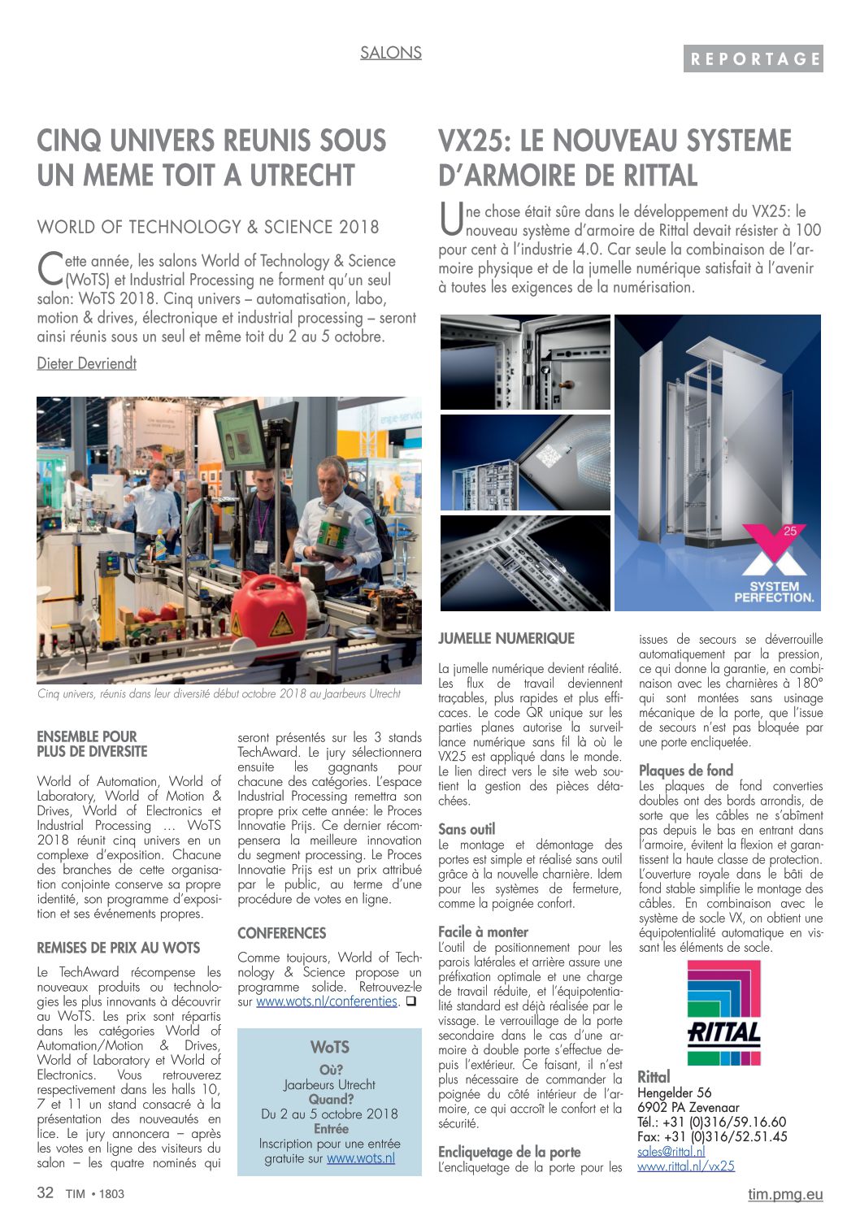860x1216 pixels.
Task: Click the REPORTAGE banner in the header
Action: (x=753, y=59)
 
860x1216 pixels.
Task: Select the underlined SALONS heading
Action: (x=391, y=53)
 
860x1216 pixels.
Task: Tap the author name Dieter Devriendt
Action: (x=87, y=363)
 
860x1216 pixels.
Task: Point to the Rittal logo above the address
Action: (x=723, y=1013)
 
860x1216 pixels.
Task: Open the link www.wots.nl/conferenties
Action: (x=327, y=1001)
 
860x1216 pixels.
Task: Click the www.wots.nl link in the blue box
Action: (x=360, y=1158)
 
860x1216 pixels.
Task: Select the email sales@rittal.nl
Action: (x=671, y=1151)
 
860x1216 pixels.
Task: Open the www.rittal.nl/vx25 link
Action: (x=685, y=1166)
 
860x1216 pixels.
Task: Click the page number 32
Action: (x=46, y=1192)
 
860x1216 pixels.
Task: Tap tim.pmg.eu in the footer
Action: (x=785, y=1194)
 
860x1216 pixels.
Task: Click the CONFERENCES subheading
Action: (x=281, y=933)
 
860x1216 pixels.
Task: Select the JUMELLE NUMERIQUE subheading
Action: (x=506, y=639)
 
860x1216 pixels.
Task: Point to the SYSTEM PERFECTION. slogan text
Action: (x=773, y=592)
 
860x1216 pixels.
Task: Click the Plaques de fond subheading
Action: (x=685, y=771)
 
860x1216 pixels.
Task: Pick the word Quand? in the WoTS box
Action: (x=329, y=1099)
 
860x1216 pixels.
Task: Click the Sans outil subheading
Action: (x=466, y=829)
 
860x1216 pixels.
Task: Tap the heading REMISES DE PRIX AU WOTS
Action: (x=118, y=948)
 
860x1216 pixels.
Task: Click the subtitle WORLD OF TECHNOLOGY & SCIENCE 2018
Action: (x=208, y=227)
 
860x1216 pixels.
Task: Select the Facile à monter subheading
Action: (x=483, y=932)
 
